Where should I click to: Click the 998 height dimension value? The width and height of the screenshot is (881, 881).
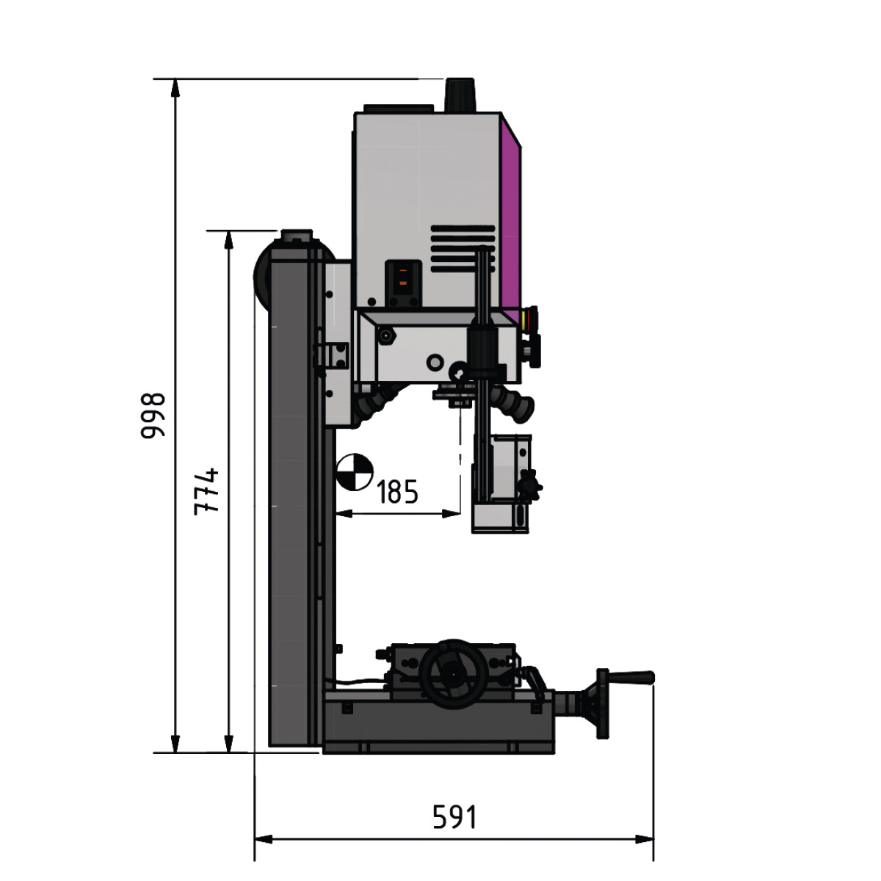tap(152, 416)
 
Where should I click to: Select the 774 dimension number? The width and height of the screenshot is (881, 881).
tap(206, 492)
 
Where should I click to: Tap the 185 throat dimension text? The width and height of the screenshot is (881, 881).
tap(397, 492)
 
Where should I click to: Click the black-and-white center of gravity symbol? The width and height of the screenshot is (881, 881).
tap(355, 472)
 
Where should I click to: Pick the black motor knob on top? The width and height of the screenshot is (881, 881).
tap(460, 95)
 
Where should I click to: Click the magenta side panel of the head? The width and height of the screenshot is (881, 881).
tap(511, 220)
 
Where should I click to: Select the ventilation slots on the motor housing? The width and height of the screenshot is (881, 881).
tap(463, 249)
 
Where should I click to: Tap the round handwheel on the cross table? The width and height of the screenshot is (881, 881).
tap(452, 674)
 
